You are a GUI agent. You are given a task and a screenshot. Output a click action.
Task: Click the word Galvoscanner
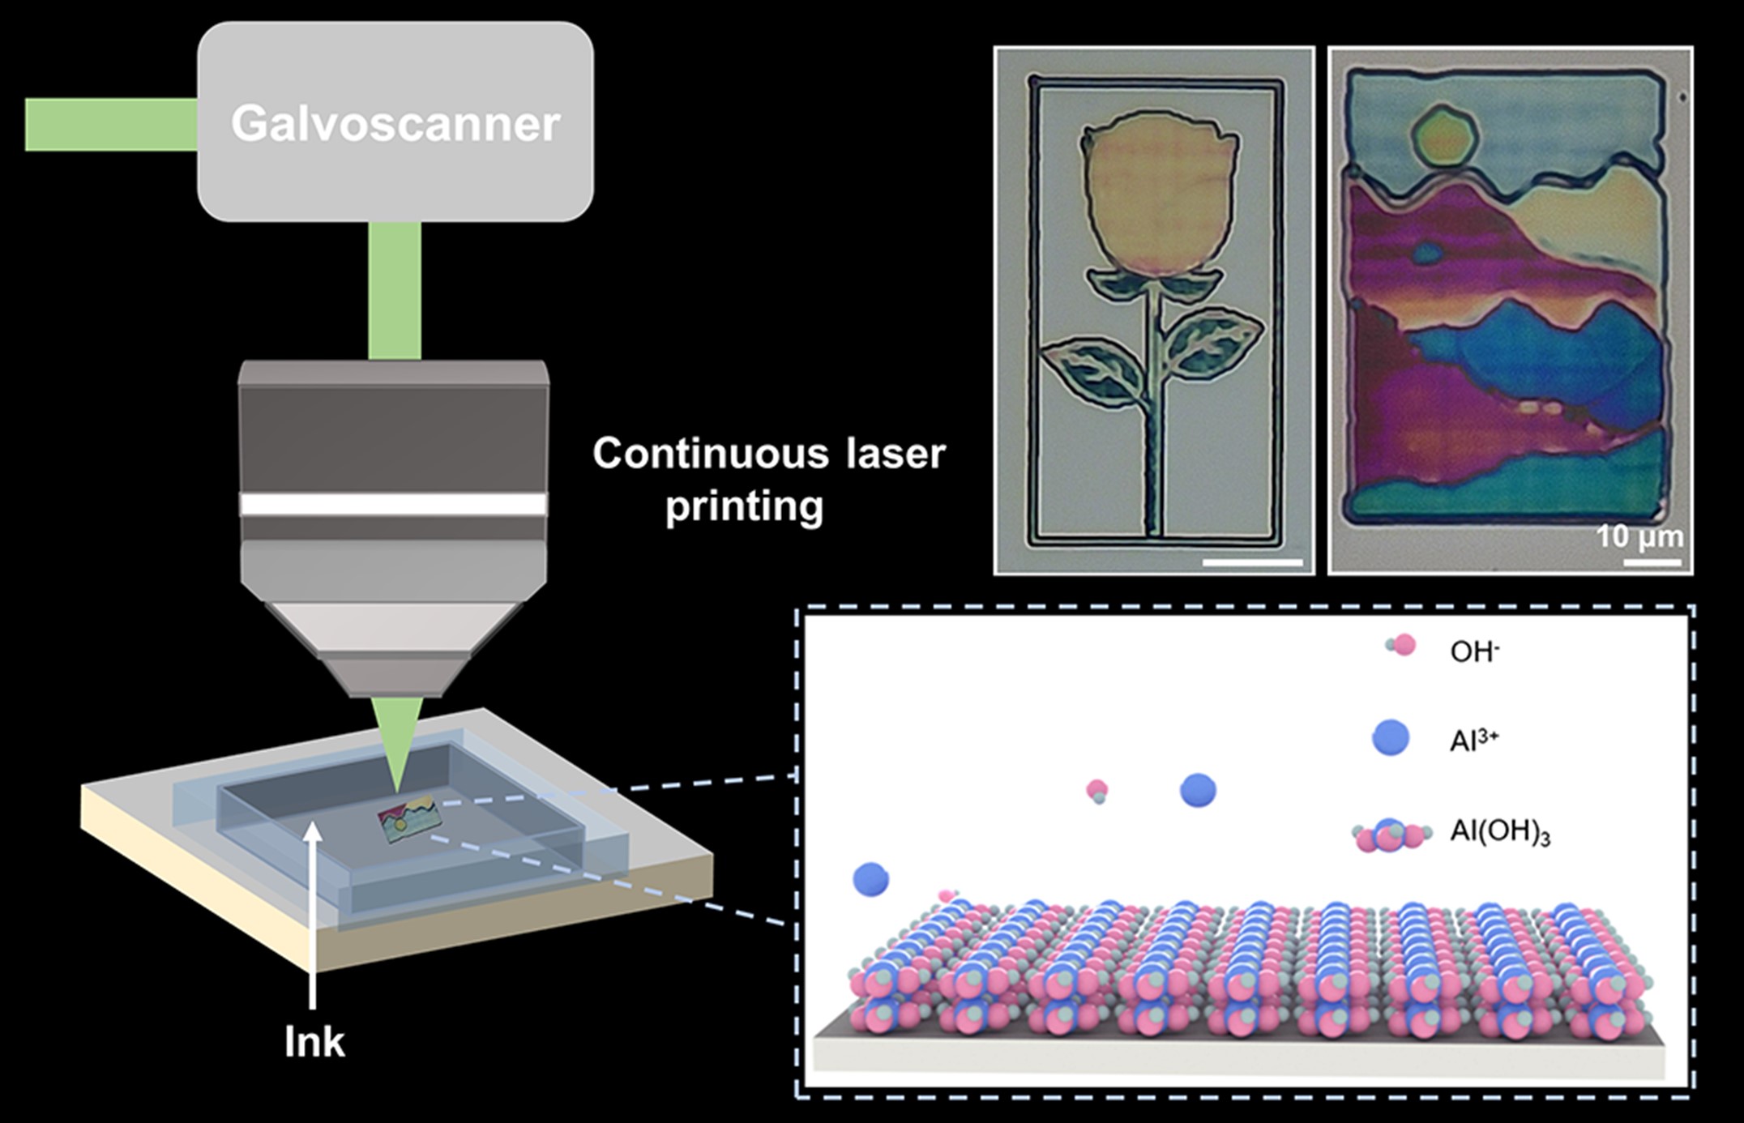coord(395,123)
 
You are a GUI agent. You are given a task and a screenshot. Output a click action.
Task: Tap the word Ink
coord(314,1042)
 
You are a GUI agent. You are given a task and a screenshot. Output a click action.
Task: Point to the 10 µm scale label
coord(1639,536)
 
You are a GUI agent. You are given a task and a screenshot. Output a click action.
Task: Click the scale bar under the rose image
coord(1252,561)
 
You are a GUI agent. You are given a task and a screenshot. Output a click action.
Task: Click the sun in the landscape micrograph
coord(1445,144)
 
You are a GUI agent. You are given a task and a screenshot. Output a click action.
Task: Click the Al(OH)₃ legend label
coord(1499,834)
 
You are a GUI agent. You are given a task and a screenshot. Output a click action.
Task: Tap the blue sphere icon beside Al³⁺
coord(1391,738)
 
